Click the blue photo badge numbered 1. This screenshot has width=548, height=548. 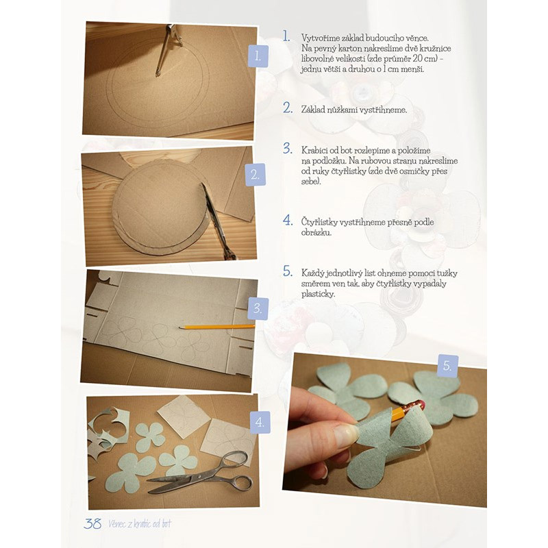258,56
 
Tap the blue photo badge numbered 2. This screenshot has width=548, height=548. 256,175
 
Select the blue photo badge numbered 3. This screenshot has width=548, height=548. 258,309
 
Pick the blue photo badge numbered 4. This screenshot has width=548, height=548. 260,422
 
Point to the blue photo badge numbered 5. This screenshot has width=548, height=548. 448,366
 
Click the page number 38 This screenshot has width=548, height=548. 92,523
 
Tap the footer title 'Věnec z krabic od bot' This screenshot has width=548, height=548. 140,523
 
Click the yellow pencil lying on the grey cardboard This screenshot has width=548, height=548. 216,327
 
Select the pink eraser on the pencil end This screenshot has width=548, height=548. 420,405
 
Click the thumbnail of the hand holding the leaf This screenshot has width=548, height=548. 385,430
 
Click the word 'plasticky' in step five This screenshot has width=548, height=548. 319,295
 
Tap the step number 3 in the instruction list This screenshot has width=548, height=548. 288,149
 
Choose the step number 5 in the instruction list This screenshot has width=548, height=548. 288,271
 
